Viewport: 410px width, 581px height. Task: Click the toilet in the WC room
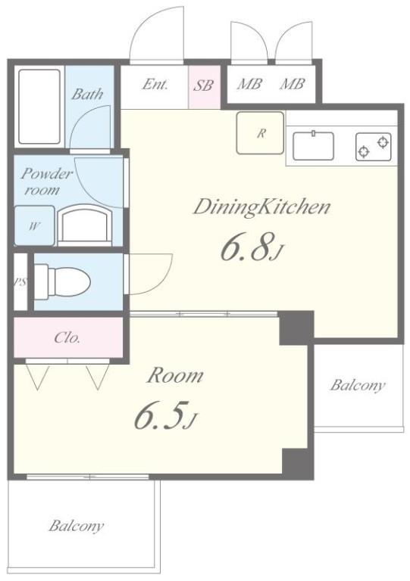(x=62, y=282)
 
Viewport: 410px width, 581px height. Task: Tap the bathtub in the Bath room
(x=39, y=107)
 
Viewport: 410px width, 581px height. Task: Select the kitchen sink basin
(x=313, y=145)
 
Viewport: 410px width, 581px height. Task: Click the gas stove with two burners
(x=374, y=147)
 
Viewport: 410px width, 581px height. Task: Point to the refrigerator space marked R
(x=261, y=132)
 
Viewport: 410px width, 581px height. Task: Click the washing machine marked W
(x=34, y=225)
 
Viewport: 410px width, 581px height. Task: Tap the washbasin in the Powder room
(x=85, y=225)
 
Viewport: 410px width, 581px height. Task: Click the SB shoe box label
(x=203, y=85)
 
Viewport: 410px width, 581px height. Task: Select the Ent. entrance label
(x=155, y=84)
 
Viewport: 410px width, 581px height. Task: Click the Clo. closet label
(x=67, y=337)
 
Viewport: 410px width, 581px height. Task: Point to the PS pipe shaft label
(x=20, y=282)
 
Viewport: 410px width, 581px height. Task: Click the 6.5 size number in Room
(x=159, y=415)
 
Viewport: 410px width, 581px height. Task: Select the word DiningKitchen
(x=261, y=207)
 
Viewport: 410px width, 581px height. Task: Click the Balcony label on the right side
(x=357, y=385)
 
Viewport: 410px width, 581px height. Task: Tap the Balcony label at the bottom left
(x=76, y=526)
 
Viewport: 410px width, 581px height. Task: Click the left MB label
(x=249, y=84)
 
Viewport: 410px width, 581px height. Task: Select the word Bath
(x=87, y=94)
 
